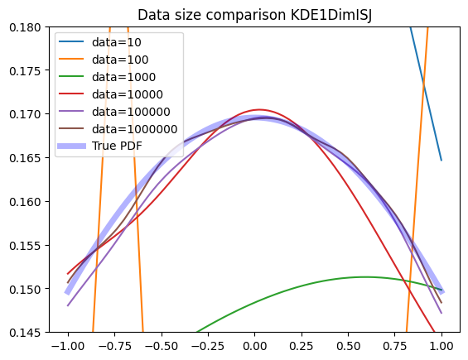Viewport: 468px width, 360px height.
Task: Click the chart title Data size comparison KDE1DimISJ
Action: point(254,15)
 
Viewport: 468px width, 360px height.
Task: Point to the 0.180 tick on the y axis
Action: point(25,27)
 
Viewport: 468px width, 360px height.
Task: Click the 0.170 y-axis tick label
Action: point(25,114)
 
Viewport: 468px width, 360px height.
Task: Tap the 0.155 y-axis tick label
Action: point(25,245)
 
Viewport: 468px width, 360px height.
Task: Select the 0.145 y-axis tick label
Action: point(25,332)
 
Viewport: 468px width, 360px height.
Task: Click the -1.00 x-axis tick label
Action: point(68,346)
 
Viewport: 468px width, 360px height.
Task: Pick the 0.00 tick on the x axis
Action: point(254,346)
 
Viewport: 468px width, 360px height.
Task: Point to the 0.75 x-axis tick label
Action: point(395,346)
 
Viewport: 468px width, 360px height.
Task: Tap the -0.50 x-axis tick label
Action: point(162,346)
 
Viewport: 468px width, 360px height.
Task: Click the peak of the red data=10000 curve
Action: point(259,109)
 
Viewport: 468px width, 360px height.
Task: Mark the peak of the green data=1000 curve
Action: point(363,277)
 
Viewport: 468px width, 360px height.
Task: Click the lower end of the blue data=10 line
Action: point(441,161)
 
